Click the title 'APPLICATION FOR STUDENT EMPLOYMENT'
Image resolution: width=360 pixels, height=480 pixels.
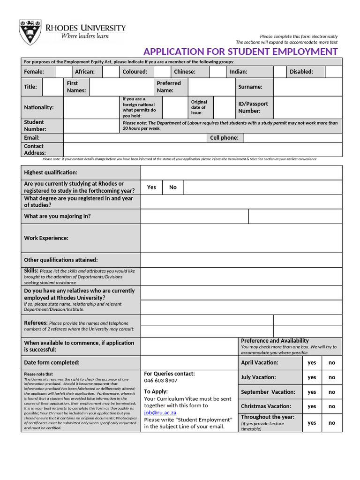point(240,52)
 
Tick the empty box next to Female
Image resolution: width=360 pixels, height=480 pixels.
point(63,72)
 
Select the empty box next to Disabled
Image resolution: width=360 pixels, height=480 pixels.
point(333,72)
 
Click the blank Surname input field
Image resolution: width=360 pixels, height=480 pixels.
point(307,87)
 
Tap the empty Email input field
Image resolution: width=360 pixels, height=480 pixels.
point(135,138)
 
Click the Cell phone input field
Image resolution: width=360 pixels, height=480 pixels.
point(292,138)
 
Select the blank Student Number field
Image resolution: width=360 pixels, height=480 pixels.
point(91,126)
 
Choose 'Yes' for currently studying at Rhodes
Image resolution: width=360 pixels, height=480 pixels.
point(151,187)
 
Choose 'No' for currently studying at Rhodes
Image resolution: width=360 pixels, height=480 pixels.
point(173,187)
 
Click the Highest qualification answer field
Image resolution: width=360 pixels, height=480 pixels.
point(241,172)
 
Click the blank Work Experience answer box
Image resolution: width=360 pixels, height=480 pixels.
point(241,238)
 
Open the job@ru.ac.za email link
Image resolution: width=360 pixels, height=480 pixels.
point(160,412)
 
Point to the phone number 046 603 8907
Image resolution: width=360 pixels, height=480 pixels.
point(161,381)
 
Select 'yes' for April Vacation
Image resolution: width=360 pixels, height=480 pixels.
point(312,363)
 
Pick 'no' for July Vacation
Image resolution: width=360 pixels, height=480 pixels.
point(332,377)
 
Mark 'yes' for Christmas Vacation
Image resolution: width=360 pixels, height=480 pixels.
point(312,406)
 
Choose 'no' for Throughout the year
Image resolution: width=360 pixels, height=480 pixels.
point(332,422)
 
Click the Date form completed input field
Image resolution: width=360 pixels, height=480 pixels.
point(189,363)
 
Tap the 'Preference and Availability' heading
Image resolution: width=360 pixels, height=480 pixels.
point(275,341)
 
